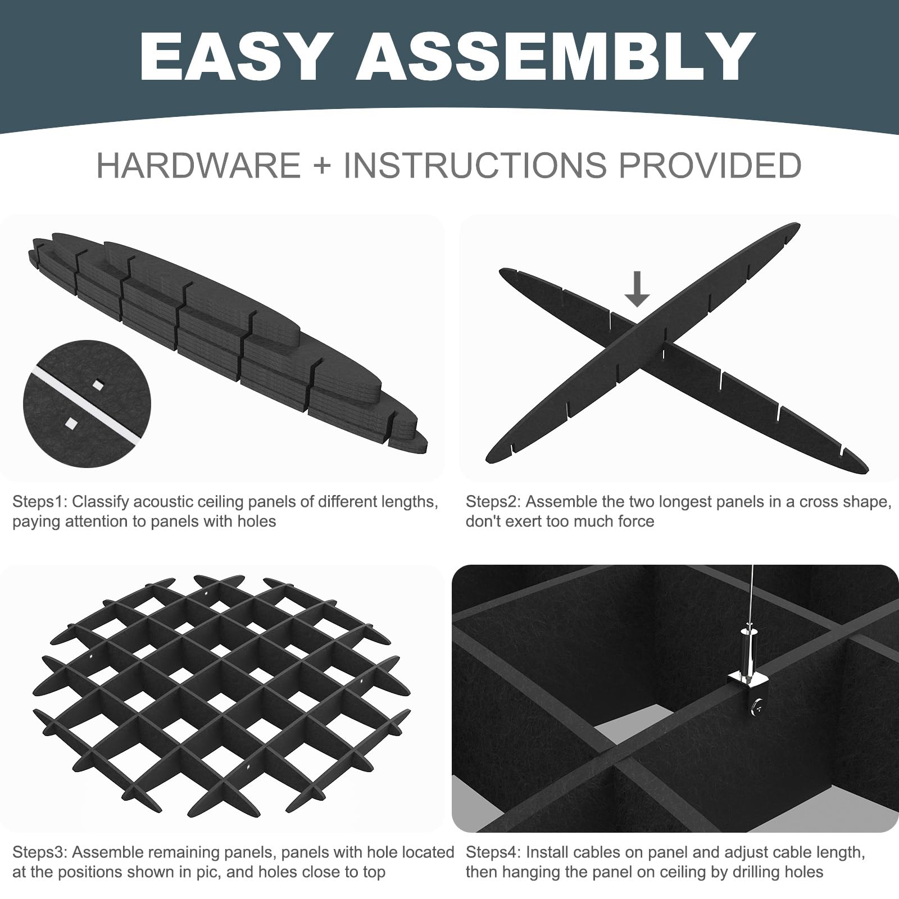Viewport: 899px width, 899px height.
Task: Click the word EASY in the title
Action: pyautogui.click(x=233, y=57)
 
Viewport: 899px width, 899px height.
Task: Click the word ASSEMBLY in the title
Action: pyautogui.click(x=556, y=57)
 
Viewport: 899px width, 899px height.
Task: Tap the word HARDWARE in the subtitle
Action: pyautogui.click(x=198, y=166)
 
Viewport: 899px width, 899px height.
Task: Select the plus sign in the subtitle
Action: pyautogui.click(x=322, y=166)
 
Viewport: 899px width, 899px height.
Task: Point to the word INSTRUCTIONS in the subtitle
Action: pyautogui.click(x=475, y=166)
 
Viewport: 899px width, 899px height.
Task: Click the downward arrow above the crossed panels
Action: pyautogui.click(x=637, y=289)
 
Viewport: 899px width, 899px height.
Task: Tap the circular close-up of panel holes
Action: pyautogui.click(x=87, y=403)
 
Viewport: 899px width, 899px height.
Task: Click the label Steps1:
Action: pyautogui.click(x=39, y=502)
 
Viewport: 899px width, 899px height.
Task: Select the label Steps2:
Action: pyautogui.click(x=493, y=502)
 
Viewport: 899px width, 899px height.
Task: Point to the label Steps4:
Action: pyautogui.click(x=493, y=852)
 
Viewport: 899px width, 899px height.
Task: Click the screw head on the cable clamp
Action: pyautogui.click(x=758, y=707)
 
